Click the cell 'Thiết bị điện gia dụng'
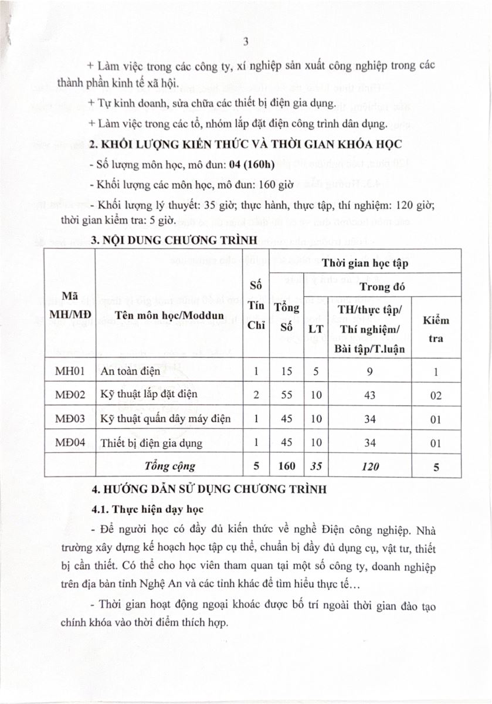[151, 443]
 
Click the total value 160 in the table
[286, 467]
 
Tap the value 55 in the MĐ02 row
[286, 395]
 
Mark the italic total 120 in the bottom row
[370, 467]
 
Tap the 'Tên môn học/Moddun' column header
[169, 314]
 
